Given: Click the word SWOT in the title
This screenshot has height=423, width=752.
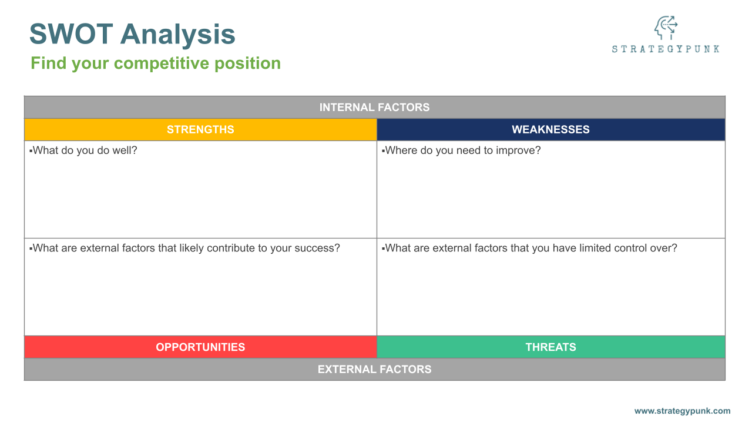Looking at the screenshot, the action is pyautogui.click(x=71, y=34).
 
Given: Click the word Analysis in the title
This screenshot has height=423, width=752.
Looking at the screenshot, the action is pyautogui.click(x=178, y=34).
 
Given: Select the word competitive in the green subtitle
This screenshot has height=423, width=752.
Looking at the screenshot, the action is pyautogui.click(x=162, y=63).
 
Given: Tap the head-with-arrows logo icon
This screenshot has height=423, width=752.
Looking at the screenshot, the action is pyautogui.click(x=666, y=28).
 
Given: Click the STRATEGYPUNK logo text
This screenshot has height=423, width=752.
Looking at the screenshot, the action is pyautogui.click(x=666, y=49).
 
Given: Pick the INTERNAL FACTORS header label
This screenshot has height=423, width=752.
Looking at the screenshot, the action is pyautogui.click(x=374, y=108).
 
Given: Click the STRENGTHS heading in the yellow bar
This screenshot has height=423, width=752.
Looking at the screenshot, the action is pyautogui.click(x=200, y=130).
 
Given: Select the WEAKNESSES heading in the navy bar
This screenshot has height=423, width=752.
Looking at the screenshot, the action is pyautogui.click(x=550, y=130).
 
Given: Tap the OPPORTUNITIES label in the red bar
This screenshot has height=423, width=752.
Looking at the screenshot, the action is pyautogui.click(x=200, y=347).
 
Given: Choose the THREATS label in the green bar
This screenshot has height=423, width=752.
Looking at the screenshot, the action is pyautogui.click(x=550, y=347).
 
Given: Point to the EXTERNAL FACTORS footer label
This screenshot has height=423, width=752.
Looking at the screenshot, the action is pyautogui.click(x=374, y=370).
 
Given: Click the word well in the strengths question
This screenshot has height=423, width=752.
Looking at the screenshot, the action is pyautogui.click(x=125, y=150).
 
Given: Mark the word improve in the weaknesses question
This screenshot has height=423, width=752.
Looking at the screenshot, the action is pyautogui.click(x=518, y=151).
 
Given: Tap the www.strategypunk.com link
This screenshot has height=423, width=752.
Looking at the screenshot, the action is pyautogui.click(x=682, y=411).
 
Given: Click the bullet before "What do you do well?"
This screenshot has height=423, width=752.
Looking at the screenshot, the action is pyautogui.click(x=31, y=151).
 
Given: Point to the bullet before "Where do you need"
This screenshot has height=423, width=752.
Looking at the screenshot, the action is pyautogui.click(x=384, y=151).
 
